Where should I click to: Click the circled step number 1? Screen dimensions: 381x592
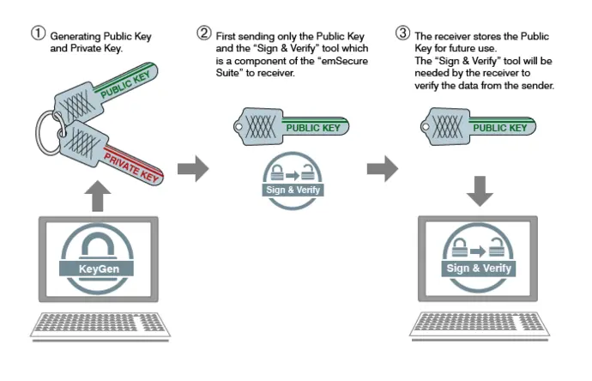(x=38, y=35)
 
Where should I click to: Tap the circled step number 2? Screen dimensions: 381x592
(x=204, y=34)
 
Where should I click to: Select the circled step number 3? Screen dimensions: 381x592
(x=402, y=34)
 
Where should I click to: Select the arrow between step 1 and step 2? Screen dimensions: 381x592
(x=193, y=168)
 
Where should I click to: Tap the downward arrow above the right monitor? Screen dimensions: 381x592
(x=480, y=190)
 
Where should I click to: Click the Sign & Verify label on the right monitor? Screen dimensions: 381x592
(x=479, y=269)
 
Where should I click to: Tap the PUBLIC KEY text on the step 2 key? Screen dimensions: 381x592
(x=312, y=129)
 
